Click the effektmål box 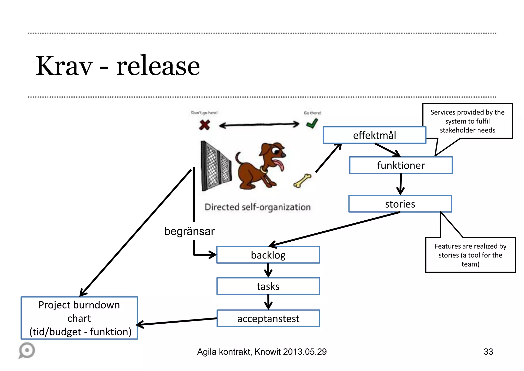point(374,135)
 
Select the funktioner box point(401,165)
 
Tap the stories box point(400,204)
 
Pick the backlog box point(268,255)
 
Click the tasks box point(268,286)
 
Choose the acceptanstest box point(268,318)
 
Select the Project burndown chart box point(79,318)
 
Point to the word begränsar point(189,231)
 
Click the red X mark point(204,125)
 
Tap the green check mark point(312,124)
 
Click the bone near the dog point(302,181)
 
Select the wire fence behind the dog point(215,166)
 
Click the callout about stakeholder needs point(467,121)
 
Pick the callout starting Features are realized point(470,255)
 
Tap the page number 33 point(488,352)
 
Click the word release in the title point(158,66)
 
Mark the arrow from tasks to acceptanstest point(268,302)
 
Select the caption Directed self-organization point(257,207)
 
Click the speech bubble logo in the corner point(27,350)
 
